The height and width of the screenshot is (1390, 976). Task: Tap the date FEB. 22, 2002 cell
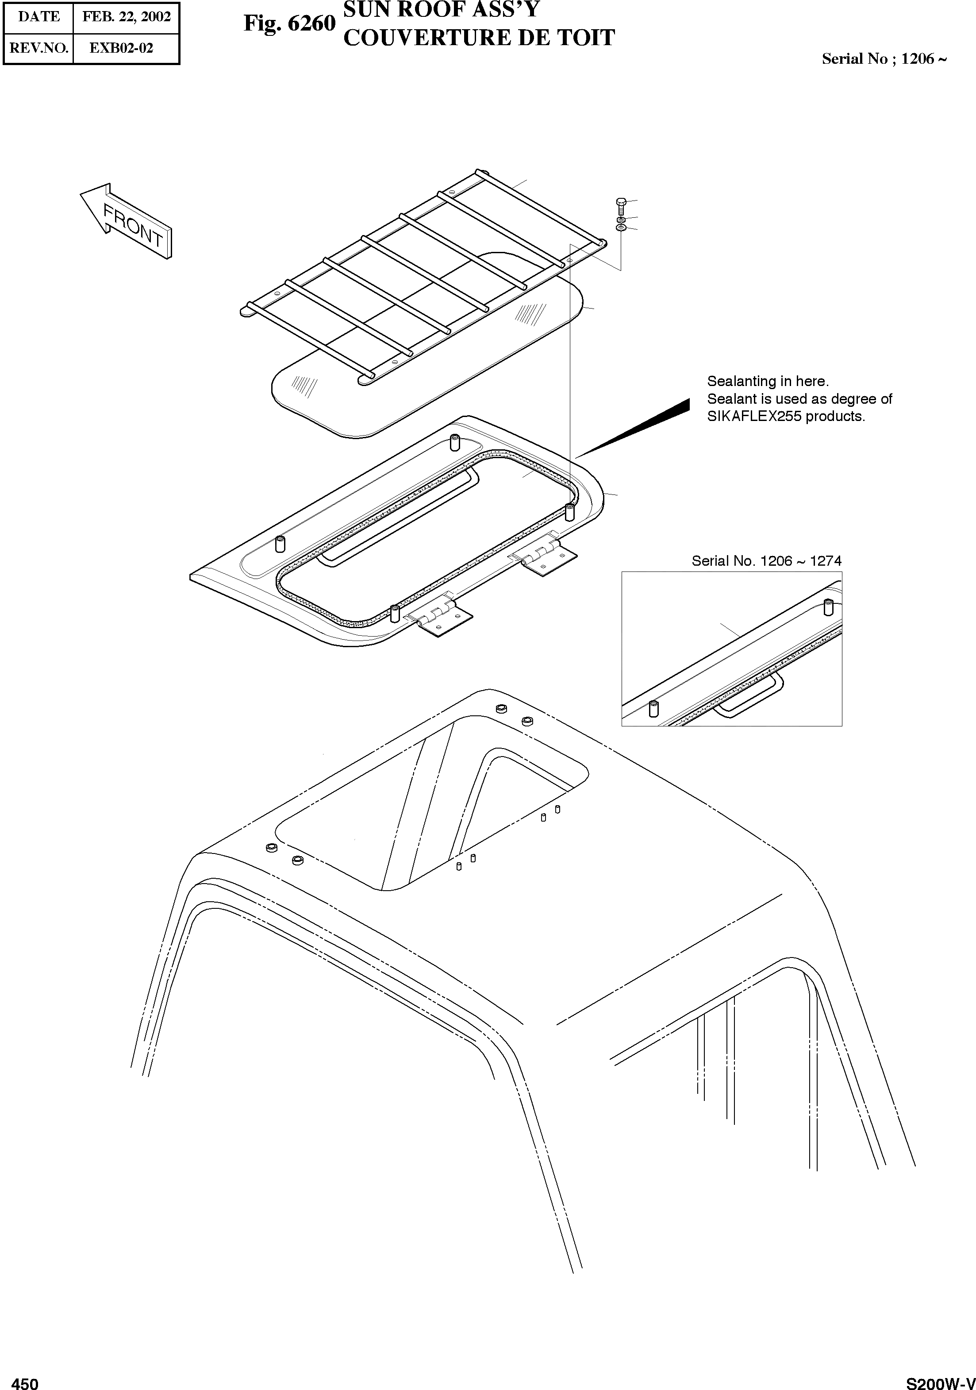127,17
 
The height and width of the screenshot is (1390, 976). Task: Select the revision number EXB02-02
121,48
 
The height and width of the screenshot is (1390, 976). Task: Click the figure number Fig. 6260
289,23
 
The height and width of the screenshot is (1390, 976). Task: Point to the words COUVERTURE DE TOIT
479,38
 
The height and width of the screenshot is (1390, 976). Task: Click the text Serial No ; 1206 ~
884,59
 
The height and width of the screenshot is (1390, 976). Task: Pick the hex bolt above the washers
621,205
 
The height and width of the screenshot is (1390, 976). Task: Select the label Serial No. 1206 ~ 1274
766,560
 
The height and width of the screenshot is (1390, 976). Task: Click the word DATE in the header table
39,17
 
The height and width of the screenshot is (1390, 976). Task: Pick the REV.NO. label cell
39,48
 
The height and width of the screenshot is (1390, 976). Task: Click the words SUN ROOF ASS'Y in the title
441,10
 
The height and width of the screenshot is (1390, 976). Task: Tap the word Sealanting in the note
738,382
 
